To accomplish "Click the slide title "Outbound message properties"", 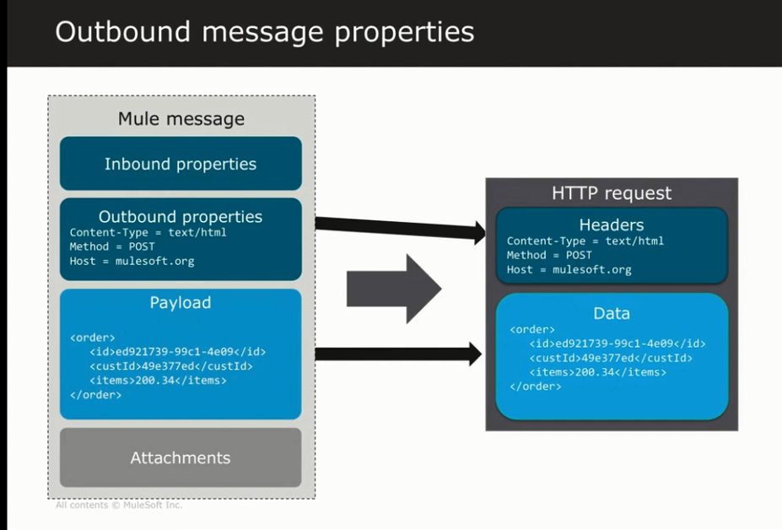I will (264, 32).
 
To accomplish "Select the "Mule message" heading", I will (181, 119).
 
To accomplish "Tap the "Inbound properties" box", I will (181, 164).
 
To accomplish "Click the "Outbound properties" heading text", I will (181, 217).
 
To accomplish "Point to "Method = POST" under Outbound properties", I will (113, 246).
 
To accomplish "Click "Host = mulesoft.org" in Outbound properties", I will (132, 261).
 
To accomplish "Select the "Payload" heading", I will (181, 302).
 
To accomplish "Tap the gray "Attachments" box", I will (181, 457).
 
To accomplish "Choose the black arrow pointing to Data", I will (397, 354).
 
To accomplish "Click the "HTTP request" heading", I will (612, 193).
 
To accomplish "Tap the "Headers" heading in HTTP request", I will (612, 225).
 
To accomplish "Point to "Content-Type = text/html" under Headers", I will (585, 241).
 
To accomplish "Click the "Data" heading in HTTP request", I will (612, 313).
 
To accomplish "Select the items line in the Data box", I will (597, 372).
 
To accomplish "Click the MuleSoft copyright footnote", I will (119, 506).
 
